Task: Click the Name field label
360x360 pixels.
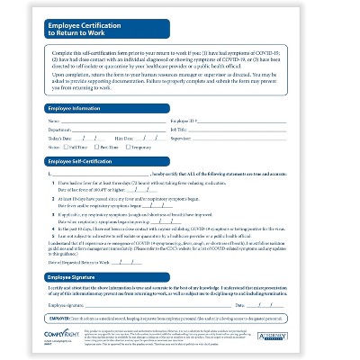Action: (x=53, y=120)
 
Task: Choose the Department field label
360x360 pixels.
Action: (x=59, y=129)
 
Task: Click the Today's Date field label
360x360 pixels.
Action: (x=60, y=138)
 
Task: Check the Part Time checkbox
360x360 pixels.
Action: (x=96, y=147)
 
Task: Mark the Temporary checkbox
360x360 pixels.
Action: (x=129, y=147)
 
